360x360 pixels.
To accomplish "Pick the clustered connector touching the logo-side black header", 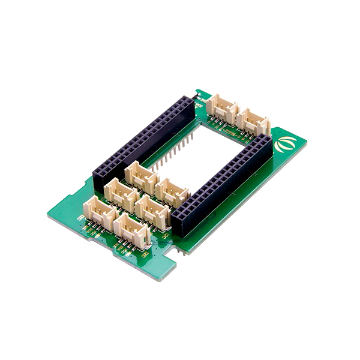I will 170,191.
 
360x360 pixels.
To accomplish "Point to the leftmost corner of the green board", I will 49,214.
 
